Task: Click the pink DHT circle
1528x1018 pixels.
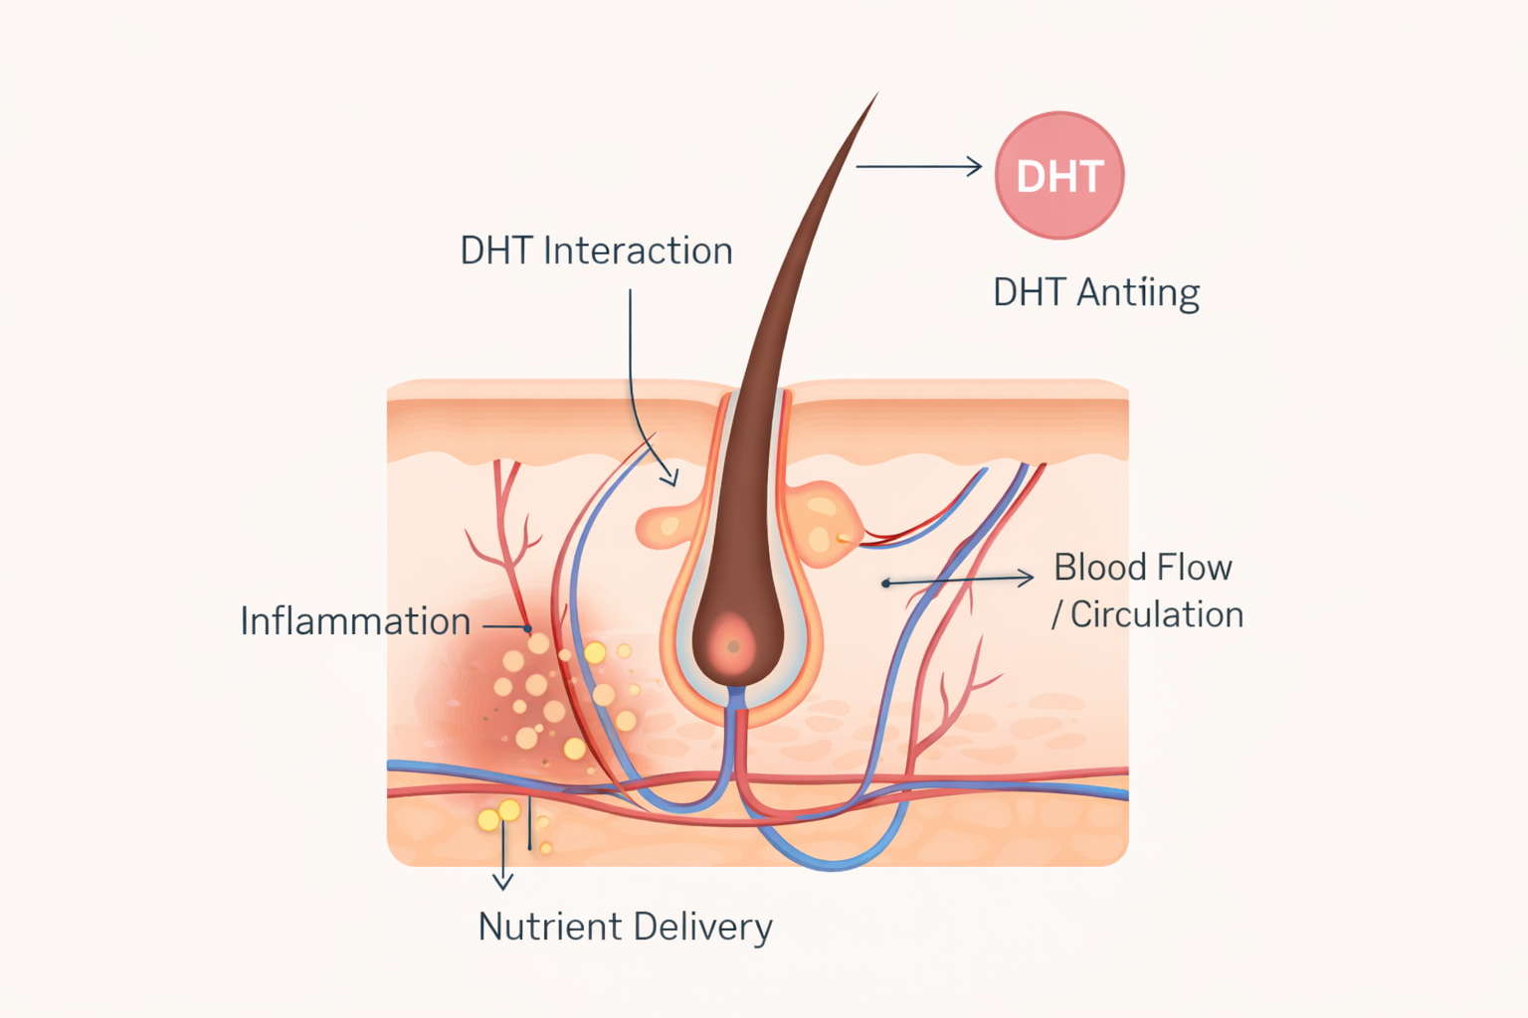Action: pyautogui.click(x=1059, y=175)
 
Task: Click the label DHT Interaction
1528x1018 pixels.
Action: pyautogui.click(x=596, y=251)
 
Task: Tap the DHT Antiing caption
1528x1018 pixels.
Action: pyautogui.click(x=1096, y=292)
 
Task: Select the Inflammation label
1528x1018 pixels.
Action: pyautogui.click(x=355, y=621)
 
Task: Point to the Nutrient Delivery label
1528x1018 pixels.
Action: pyautogui.click(x=625, y=927)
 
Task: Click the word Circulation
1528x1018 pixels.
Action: pyautogui.click(x=1157, y=614)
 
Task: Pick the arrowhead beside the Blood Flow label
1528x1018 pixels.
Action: pyautogui.click(x=1028, y=577)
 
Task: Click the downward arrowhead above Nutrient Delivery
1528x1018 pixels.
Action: pyautogui.click(x=503, y=882)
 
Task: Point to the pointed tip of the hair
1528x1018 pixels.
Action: pyautogui.click(x=875, y=96)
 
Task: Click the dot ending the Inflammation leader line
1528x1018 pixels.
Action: pyautogui.click(x=528, y=628)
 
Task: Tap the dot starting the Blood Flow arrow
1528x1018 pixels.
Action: pyautogui.click(x=885, y=584)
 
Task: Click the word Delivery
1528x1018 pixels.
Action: pyautogui.click(x=702, y=927)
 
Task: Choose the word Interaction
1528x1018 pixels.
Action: pyautogui.click(x=638, y=251)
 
